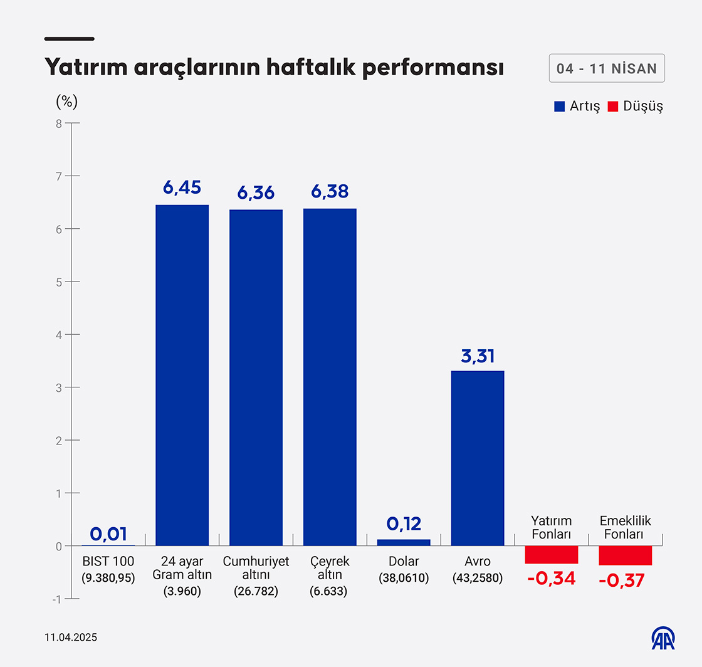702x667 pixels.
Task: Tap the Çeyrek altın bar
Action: tap(330, 377)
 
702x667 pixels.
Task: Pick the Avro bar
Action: tap(478, 458)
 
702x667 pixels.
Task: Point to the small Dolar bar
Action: tap(404, 542)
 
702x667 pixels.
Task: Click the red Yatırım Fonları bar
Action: tap(552, 555)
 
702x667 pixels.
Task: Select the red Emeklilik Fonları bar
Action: tap(626, 555)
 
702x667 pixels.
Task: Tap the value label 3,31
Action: tap(478, 356)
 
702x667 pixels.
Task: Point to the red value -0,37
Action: tap(621, 581)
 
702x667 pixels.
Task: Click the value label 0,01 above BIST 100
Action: tap(108, 534)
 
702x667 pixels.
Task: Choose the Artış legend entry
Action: tap(577, 106)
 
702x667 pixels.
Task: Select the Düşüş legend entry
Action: tap(636, 106)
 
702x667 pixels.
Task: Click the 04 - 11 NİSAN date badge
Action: tap(607, 69)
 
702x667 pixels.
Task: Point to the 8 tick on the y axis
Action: tap(59, 123)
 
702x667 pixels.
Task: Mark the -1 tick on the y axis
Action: tap(56, 599)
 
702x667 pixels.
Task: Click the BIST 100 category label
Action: tap(108, 561)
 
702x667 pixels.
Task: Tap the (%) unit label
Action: tap(66, 101)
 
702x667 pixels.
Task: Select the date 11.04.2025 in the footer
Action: tap(71, 638)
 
